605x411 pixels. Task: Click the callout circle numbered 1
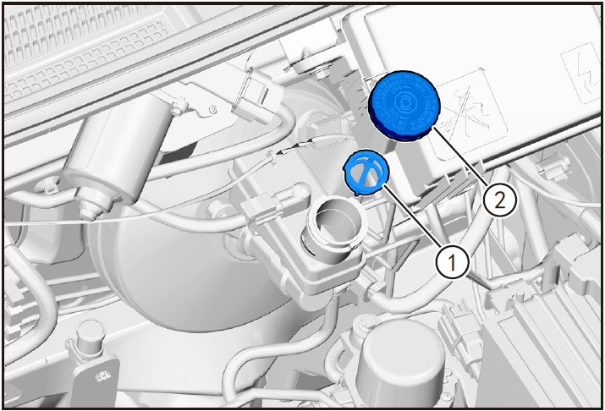tap(452, 262)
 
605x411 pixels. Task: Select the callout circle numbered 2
tap(500, 200)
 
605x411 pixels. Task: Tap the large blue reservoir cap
tap(404, 106)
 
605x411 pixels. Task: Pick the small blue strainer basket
tap(366, 173)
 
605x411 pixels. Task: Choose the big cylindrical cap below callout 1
tap(399, 363)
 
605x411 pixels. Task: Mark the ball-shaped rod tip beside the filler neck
tap(301, 191)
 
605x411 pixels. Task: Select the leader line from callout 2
tap(460, 156)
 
